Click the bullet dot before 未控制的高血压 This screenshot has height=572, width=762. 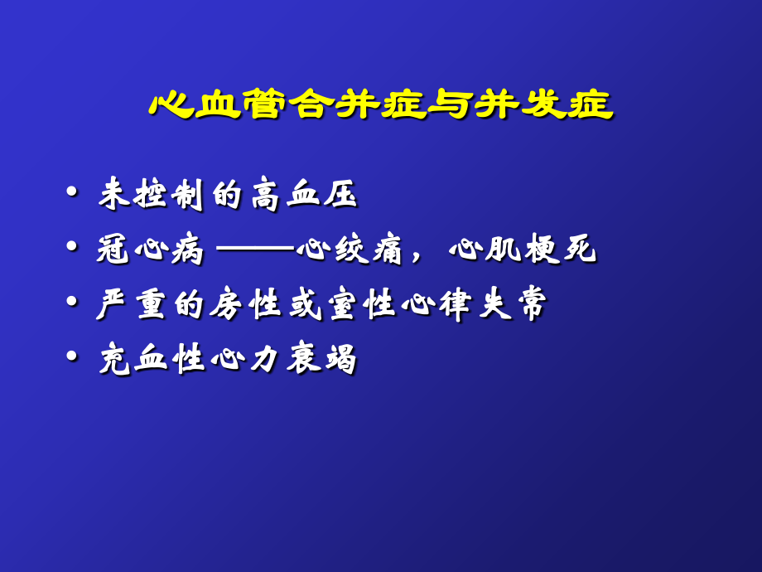(x=73, y=194)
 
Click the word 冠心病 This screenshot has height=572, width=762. (x=150, y=250)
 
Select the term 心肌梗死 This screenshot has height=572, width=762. (x=523, y=250)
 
